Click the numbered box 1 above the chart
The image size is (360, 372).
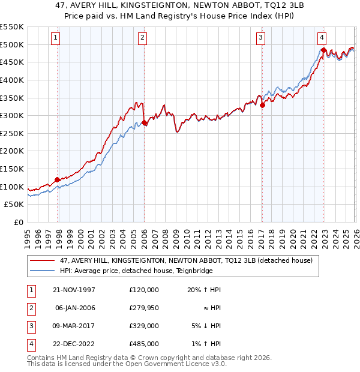55,38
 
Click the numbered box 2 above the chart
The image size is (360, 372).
142,38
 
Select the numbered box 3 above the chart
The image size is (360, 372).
262,38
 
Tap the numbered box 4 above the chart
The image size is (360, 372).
322,38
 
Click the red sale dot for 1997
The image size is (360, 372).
58,179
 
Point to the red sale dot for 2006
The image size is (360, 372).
144,122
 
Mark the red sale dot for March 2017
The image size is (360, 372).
262,105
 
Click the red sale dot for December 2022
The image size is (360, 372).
323,50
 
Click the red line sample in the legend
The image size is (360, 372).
43,260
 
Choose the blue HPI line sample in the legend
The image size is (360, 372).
43,271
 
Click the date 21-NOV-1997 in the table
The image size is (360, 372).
74,290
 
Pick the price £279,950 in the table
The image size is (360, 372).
143,308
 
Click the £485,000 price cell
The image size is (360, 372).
143,344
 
